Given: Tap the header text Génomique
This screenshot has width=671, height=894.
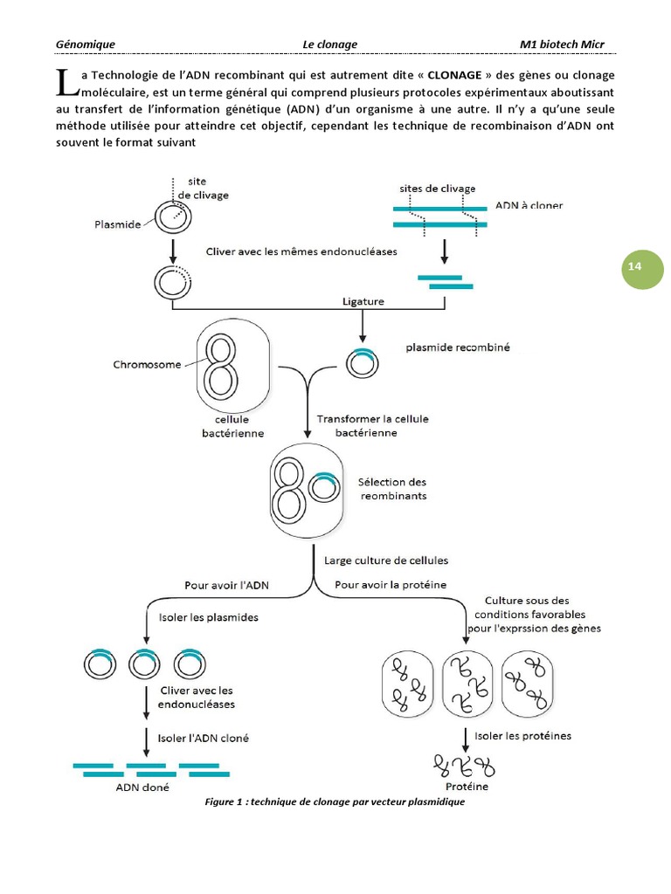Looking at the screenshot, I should click(x=86, y=45).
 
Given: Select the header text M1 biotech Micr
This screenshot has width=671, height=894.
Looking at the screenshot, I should click(x=562, y=45).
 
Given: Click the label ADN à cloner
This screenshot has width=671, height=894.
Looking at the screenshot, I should click(x=529, y=206).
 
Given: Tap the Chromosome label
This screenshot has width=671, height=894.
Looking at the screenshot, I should click(x=148, y=364).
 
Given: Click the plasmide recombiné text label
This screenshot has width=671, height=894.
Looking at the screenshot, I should click(x=458, y=347).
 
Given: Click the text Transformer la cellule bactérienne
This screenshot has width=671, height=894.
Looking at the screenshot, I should click(x=372, y=425).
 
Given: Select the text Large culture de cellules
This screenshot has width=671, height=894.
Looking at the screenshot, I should click(x=386, y=560).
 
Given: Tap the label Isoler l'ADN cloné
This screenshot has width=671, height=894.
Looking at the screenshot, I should click(x=204, y=738).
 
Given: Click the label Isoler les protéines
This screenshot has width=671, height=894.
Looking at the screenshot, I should click(x=522, y=735).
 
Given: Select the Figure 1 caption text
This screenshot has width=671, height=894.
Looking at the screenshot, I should click(x=335, y=802).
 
